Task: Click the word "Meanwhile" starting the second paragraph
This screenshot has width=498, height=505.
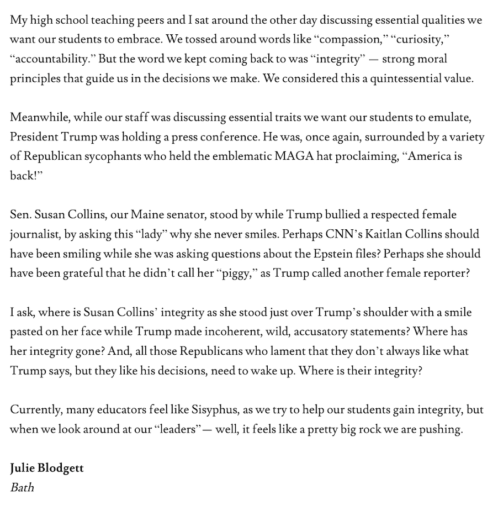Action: [x=38, y=118]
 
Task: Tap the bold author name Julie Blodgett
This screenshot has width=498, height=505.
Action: [x=46, y=469]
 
